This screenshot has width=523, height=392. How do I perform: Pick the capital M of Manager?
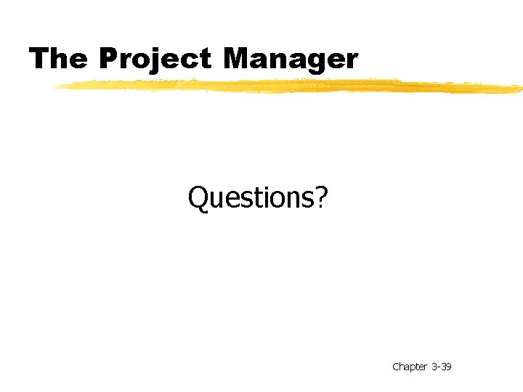(239, 59)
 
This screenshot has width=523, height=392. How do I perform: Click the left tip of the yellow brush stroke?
(55, 86)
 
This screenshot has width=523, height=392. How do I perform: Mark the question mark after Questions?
(321, 196)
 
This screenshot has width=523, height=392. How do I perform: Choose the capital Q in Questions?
(198, 197)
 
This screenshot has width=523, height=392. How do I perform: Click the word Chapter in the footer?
(410, 367)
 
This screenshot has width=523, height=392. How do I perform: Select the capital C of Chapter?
(396, 367)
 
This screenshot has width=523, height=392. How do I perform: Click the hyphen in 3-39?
(438, 367)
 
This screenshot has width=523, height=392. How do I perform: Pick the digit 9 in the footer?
(448, 367)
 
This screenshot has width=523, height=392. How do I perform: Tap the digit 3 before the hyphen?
(434, 367)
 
